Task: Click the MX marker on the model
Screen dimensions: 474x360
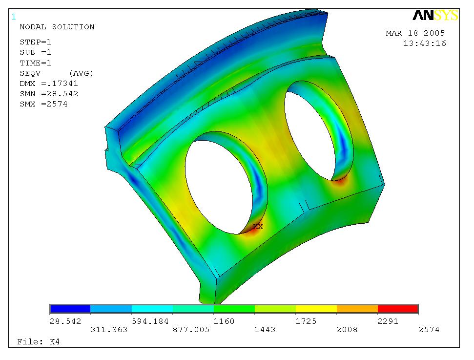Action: click(x=258, y=226)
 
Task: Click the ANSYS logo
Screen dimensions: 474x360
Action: click(x=435, y=15)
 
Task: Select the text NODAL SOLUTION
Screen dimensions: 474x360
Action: click(x=57, y=27)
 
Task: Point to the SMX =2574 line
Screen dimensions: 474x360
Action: click(x=43, y=104)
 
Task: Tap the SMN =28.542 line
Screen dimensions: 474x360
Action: click(x=49, y=94)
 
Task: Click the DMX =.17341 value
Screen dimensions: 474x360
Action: click(x=49, y=84)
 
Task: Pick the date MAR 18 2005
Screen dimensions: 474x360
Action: click(x=415, y=33)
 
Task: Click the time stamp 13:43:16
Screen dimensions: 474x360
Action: click(x=425, y=43)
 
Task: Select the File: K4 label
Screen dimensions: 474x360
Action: click(x=39, y=342)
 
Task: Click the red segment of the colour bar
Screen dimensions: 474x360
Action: click(x=398, y=309)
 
